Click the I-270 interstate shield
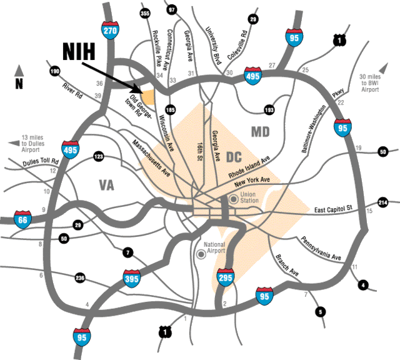click(x=110, y=31)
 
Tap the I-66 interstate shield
click(x=22, y=219)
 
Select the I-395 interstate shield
click(x=132, y=278)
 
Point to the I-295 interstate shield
click(x=226, y=277)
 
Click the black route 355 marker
click(x=144, y=13)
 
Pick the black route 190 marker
click(x=55, y=71)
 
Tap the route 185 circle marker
click(x=170, y=110)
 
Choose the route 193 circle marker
click(x=269, y=110)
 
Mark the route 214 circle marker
click(x=383, y=202)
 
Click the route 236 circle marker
click(x=80, y=277)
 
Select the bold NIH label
click(x=79, y=51)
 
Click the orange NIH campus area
click(x=149, y=97)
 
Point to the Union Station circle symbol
click(x=233, y=199)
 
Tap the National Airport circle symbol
click(x=201, y=254)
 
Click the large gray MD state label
click(x=260, y=132)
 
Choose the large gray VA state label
click(x=107, y=185)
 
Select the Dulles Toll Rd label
click(x=41, y=162)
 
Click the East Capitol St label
click(x=333, y=209)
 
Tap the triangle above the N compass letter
click(x=19, y=71)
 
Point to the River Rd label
click(x=72, y=91)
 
